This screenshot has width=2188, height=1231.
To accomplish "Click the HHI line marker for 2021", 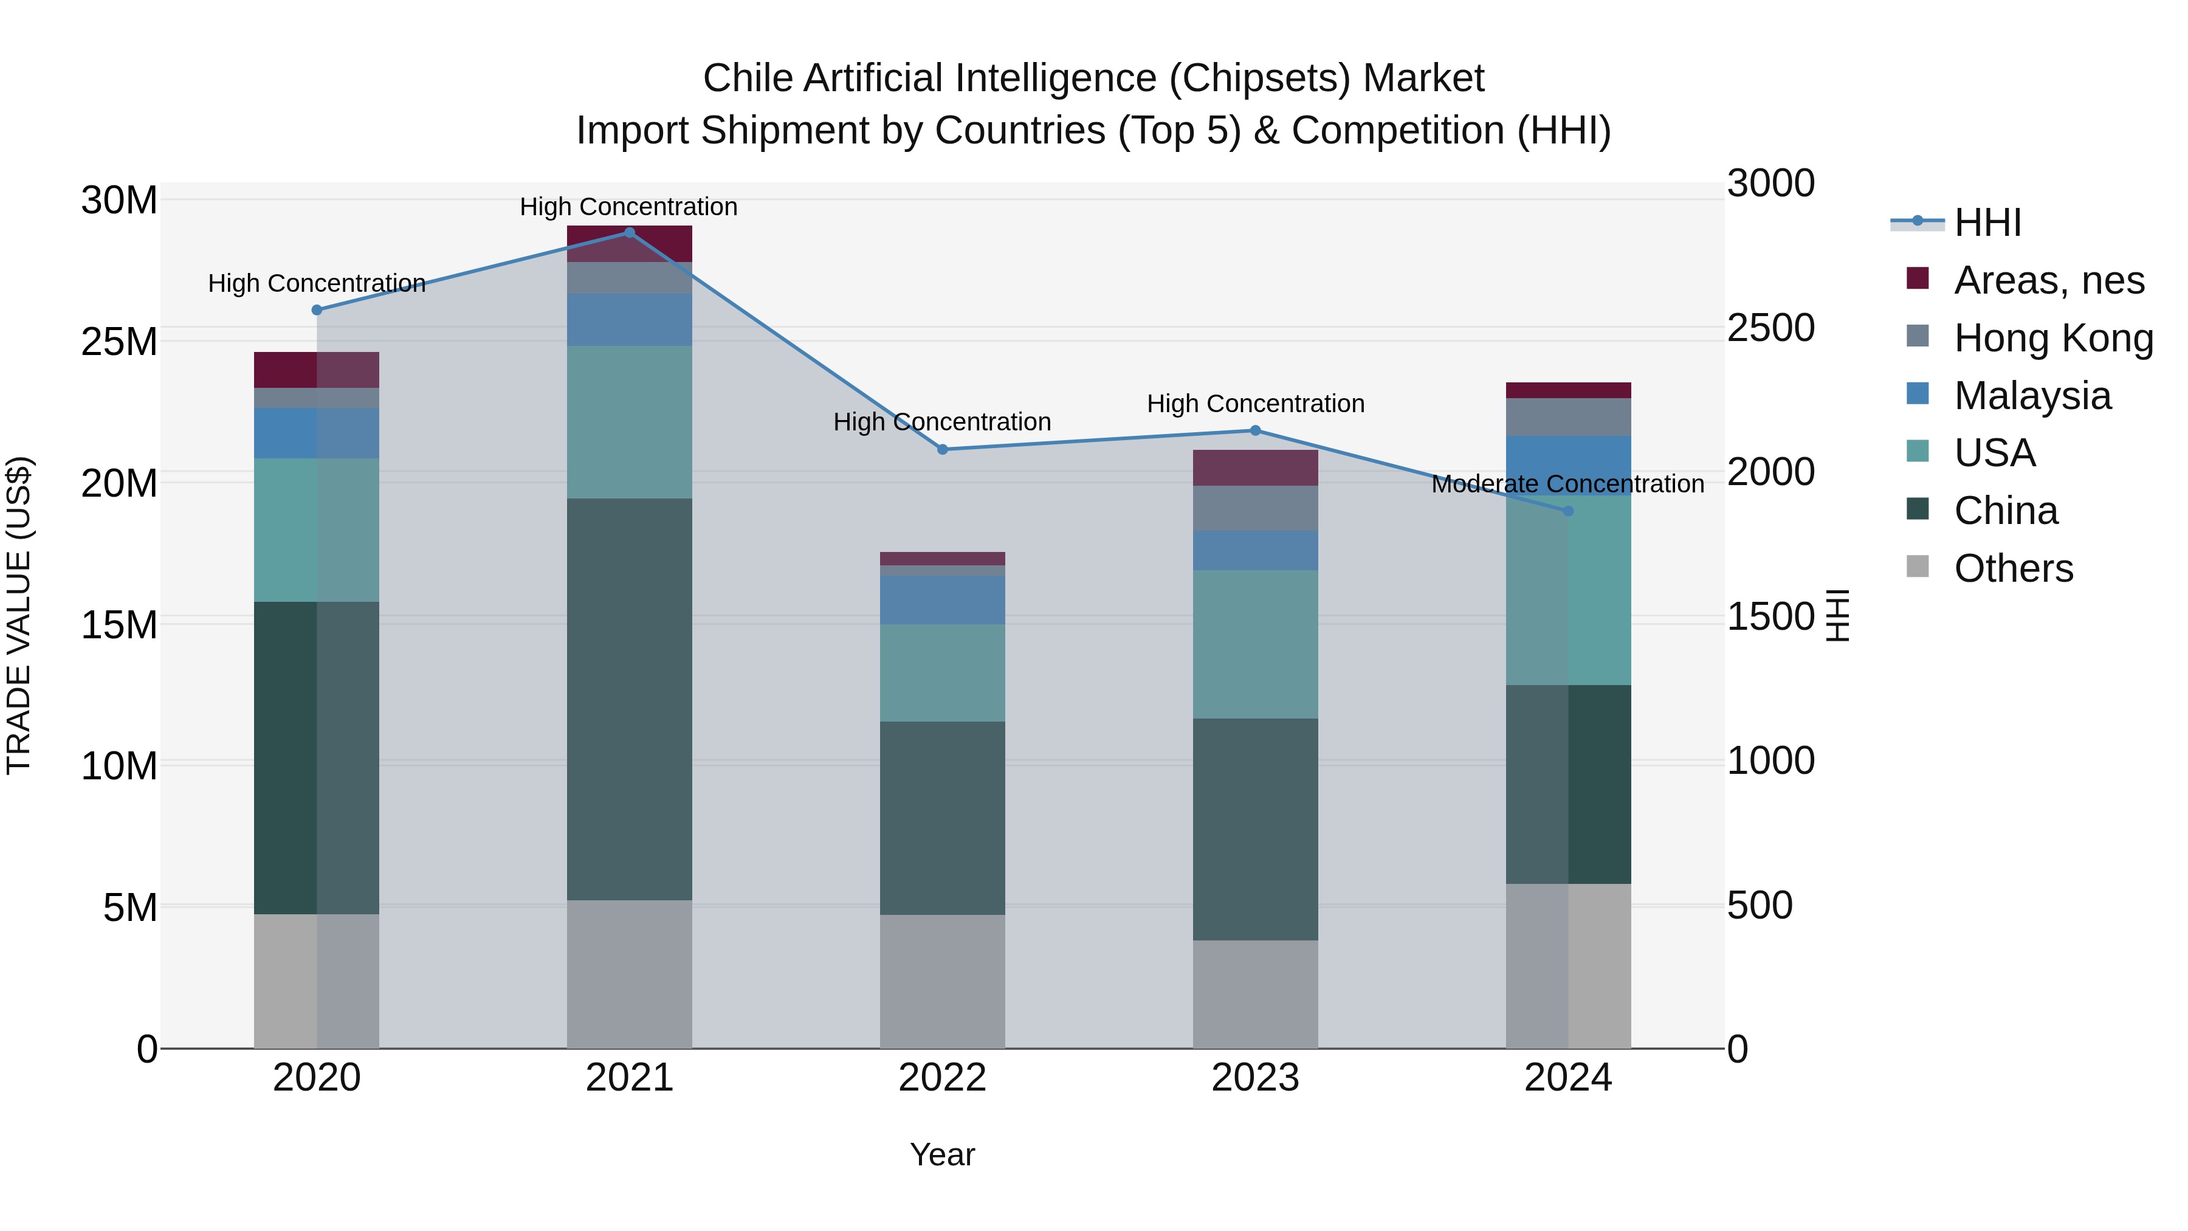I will pyautogui.click(x=630, y=233).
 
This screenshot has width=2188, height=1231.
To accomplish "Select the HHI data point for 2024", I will pyautogui.click(x=1568, y=511).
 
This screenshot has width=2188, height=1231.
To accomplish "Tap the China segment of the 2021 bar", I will pyautogui.click(x=630, y=698).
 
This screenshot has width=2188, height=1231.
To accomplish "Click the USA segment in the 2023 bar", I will pyautogui.click(x=1256, y=644).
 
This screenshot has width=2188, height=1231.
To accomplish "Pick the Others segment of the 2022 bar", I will pyautogui.click(x=942, y=981).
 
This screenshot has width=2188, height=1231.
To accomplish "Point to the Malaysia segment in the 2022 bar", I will pyautogui.click(x=942, y=600).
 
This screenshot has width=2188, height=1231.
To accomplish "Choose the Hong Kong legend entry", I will pyautogui.click(x=2053, y=338).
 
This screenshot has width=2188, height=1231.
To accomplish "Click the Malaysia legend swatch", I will pyautogui.click(x=1918, y=394).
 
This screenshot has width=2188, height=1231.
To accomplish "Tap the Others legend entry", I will pyautogui.click(x=2013, y=568).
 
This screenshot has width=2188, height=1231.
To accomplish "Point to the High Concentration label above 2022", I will pyautogui.click(x=942, y=422).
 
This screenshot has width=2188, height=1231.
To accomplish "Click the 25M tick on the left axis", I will pyautogui.click(x=119, y=342).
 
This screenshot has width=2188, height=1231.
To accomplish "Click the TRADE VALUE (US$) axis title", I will pyautogui.click(x=19, y=615).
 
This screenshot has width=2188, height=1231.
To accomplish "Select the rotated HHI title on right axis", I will pyautogui.click(x=1837, y=615).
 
